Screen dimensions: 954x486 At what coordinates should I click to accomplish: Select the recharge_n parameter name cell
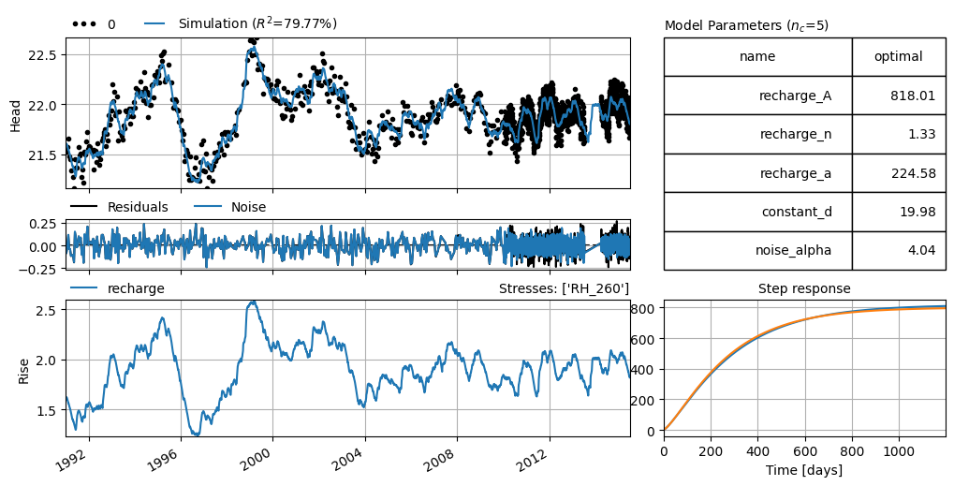pos(756,135)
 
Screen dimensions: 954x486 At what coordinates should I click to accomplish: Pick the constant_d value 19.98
pos(916,212)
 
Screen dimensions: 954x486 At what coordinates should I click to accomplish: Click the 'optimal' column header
pos(898,56)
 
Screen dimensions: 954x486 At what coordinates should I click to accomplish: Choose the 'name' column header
pos(756,56)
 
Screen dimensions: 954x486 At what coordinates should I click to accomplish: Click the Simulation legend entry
pos(241,23)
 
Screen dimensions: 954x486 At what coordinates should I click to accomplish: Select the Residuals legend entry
pos(119,207)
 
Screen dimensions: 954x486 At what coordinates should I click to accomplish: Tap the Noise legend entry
pos(230,207)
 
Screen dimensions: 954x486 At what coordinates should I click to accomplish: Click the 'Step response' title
pos(804,288)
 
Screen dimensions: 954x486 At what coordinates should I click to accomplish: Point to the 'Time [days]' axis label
pos(804,470)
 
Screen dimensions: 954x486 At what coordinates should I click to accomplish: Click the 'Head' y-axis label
pos(16,115)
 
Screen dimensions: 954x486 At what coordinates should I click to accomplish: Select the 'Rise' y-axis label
pos(23,369)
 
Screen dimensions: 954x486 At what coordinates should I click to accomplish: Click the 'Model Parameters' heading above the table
pos(746,25)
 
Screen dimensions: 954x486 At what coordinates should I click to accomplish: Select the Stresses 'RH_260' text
pos(564,288)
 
